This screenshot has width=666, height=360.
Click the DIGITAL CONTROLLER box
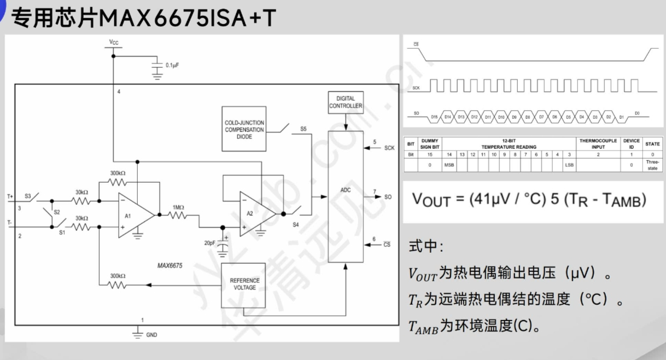click(x=346, y=102)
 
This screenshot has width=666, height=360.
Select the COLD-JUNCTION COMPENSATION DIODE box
click(x=244, y=130)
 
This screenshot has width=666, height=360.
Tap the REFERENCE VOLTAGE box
click(x=244, y=284)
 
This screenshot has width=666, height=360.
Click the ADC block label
click(x=345, y=190)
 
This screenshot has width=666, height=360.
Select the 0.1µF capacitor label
click(x=172, y=65)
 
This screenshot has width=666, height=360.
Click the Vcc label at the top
click(x=114, y=42)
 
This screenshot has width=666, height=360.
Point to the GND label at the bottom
click(x=151, y=335)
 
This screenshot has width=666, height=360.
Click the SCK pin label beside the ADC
click(x=389, y=148)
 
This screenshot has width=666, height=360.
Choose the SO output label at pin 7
click(x=388, y=196)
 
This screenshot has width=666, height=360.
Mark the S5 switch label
click(x=303, y=129)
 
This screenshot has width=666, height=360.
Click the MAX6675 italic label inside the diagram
click(x=170, y=266)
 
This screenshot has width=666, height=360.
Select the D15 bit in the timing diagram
click(x=434, y=117)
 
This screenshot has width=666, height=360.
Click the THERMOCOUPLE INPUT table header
click(x=598, y=144)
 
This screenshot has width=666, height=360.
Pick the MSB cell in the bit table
click(x=449, y=164)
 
